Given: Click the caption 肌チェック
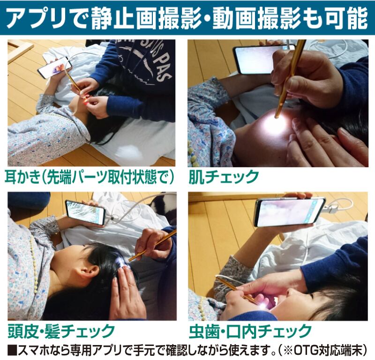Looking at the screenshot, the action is pyautogui.click(x=224, y=177).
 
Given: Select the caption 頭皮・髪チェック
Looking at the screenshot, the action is pyautogui.click(x=61, y=331).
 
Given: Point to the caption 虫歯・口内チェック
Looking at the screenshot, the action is pyautogui.click(x=250, y=331).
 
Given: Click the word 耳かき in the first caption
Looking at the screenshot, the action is pyautogui.click(x=22, y=177).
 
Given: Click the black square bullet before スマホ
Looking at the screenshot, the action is pyautogui.click(x=12, y=351).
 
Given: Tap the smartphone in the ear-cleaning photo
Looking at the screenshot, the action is pyautogui.click(x=55, y=67).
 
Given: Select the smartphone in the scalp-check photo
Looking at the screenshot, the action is pyautogui.click(x=85, y=213).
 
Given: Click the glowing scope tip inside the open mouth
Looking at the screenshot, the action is pyautogui.click(x=263, y=306).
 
